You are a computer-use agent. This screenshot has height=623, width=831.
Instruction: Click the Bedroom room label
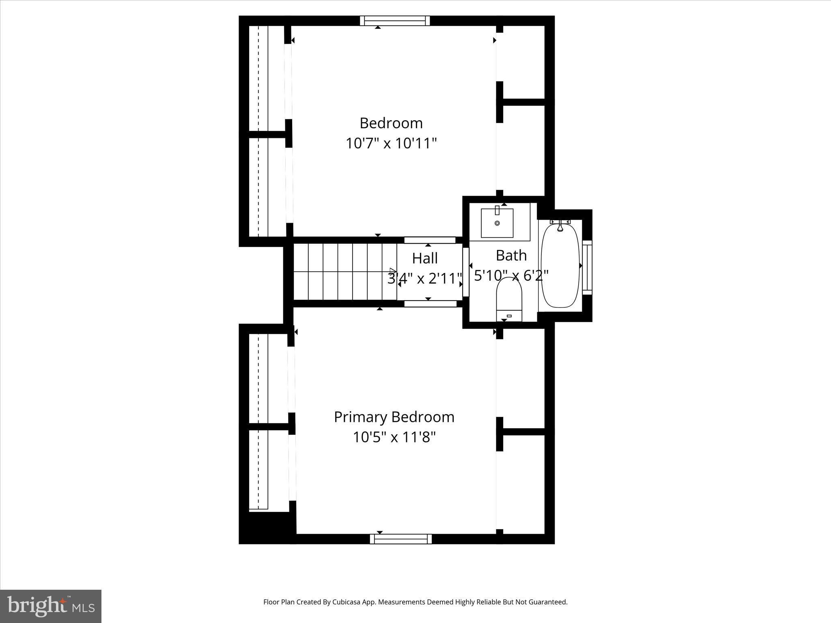tap(391, 123)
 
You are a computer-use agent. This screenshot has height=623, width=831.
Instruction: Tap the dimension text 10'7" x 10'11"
tap(391, 143)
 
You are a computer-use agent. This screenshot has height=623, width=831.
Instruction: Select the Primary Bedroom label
tap(394, 417)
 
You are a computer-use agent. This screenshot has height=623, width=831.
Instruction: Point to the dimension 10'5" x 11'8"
tap(394, 437)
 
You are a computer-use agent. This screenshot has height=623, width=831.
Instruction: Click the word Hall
tap(425, 258)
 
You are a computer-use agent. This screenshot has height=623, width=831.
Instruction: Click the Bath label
tap(511, 256)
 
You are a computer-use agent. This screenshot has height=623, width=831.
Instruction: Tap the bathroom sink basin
tap(497, 223)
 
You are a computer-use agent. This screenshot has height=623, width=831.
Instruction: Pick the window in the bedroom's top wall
tap(395, 21)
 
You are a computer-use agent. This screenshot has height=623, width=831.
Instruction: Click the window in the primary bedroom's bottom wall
tap(400, 539)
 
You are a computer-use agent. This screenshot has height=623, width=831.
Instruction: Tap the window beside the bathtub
tap(587, 267)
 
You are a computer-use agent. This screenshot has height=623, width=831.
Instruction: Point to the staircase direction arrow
tap(392, 271)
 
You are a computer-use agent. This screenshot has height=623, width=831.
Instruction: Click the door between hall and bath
tap(466, 272)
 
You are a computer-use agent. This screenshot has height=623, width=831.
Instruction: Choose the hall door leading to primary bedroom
tap(430, 303)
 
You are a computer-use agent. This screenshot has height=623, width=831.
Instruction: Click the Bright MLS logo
tap(51, 606)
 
